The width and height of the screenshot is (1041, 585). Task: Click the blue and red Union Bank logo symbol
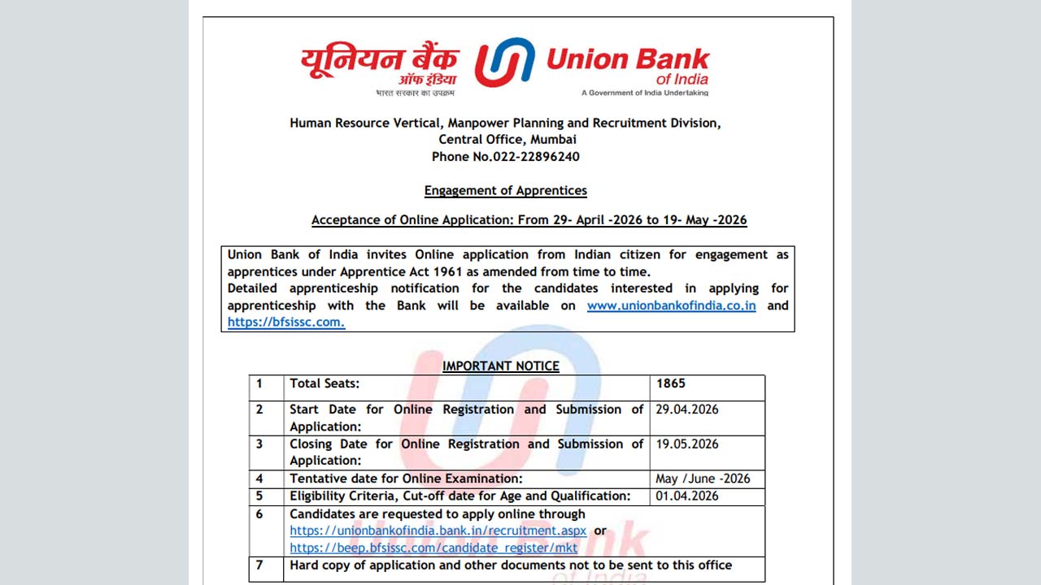click(504, 63)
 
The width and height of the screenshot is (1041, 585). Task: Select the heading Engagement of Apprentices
click(505, 191)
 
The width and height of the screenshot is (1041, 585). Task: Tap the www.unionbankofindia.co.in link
click(671, 305)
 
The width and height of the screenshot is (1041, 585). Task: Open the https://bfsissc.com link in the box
click(285, 323)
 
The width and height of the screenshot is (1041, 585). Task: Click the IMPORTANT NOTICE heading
click(500, 366)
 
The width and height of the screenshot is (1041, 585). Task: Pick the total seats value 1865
click(671, 383)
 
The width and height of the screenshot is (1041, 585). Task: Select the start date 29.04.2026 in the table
click(687, 409)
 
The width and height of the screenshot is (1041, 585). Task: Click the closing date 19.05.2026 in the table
click(687, 444)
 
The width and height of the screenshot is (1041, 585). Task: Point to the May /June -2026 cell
click(703, 479)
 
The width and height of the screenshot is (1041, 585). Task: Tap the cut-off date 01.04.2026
click(687, 496)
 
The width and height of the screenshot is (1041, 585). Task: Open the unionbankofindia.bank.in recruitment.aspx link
click(438, 531)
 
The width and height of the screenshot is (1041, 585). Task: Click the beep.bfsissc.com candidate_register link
click(433, 548)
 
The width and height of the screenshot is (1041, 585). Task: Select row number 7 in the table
click(259, 565)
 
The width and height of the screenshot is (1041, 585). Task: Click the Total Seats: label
click(324, 383)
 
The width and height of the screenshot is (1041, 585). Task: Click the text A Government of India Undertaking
click(644, 93)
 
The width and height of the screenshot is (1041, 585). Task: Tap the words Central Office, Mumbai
click(505, 140)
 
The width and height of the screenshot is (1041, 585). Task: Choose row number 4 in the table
click(259, 479)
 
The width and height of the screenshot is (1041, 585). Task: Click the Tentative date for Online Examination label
click(406, 479)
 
